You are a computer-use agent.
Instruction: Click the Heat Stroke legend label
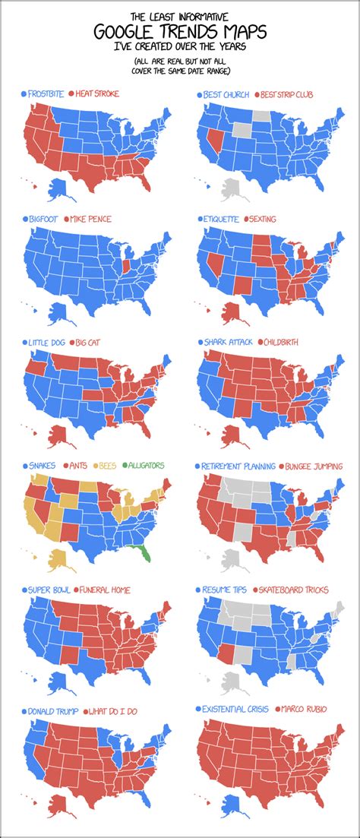[97, 94]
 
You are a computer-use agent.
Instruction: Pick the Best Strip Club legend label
[289, 95]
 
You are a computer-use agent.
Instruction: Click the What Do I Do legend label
[117, 711]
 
